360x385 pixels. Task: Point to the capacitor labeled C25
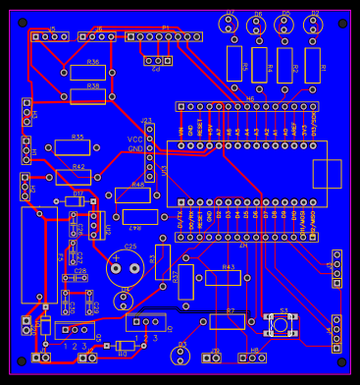pyautogui.click(x=125, y=264)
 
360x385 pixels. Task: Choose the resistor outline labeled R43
pyautogui.click(x=223, y=278)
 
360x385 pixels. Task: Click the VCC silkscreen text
pyautogui.click(x=134, y=139)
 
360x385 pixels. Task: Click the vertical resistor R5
pyautogui.click(x=233, y=64)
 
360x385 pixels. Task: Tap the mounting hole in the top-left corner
pyautogui.click(x=20, y=21)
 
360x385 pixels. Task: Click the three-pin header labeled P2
pyautogui.click(x=156, y=62)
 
